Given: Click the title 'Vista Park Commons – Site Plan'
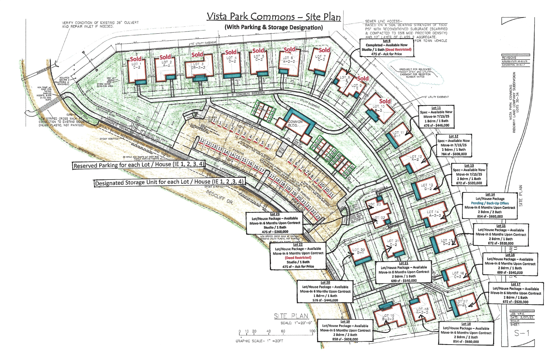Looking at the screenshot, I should (x=273, y=17).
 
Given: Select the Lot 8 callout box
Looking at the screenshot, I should (x=386, y=47).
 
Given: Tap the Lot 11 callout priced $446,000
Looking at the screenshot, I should (x=436, y=117).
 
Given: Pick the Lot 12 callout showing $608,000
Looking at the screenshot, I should (x=454, y=145).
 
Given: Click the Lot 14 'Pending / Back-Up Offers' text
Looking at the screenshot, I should (x=490, y=203).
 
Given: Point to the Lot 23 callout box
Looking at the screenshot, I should (x=275, y=223).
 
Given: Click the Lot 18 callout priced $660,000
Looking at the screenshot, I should (x=466, y=333).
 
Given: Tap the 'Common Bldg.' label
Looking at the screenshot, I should (x=295, y=124).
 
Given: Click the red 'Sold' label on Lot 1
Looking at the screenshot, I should (x=136, y=59).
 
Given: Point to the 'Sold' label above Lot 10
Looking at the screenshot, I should (x=385, y=101).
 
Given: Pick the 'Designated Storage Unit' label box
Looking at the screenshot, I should (x=170, y=182).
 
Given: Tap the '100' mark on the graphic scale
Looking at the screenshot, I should (x=312, y=331).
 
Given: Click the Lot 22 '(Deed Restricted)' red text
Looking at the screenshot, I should (x=298, y=257).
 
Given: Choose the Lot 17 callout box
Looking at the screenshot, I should (x=515, y=293).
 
